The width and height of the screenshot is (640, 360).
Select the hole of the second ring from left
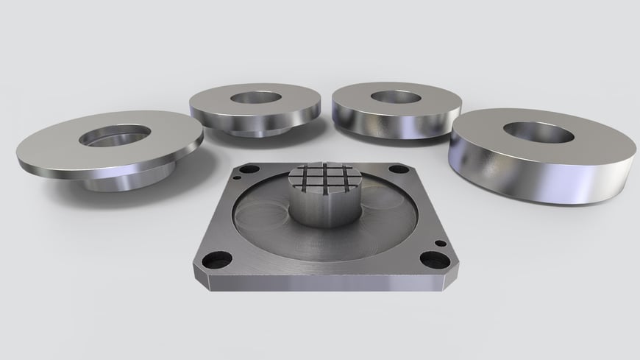(x=252, y=98)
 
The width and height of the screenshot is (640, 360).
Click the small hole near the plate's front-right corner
(x=439, y=243)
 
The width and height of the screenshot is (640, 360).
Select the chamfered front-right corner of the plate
(x=448, y=279)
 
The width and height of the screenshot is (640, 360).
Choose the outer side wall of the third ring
(x=386, y=123)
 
